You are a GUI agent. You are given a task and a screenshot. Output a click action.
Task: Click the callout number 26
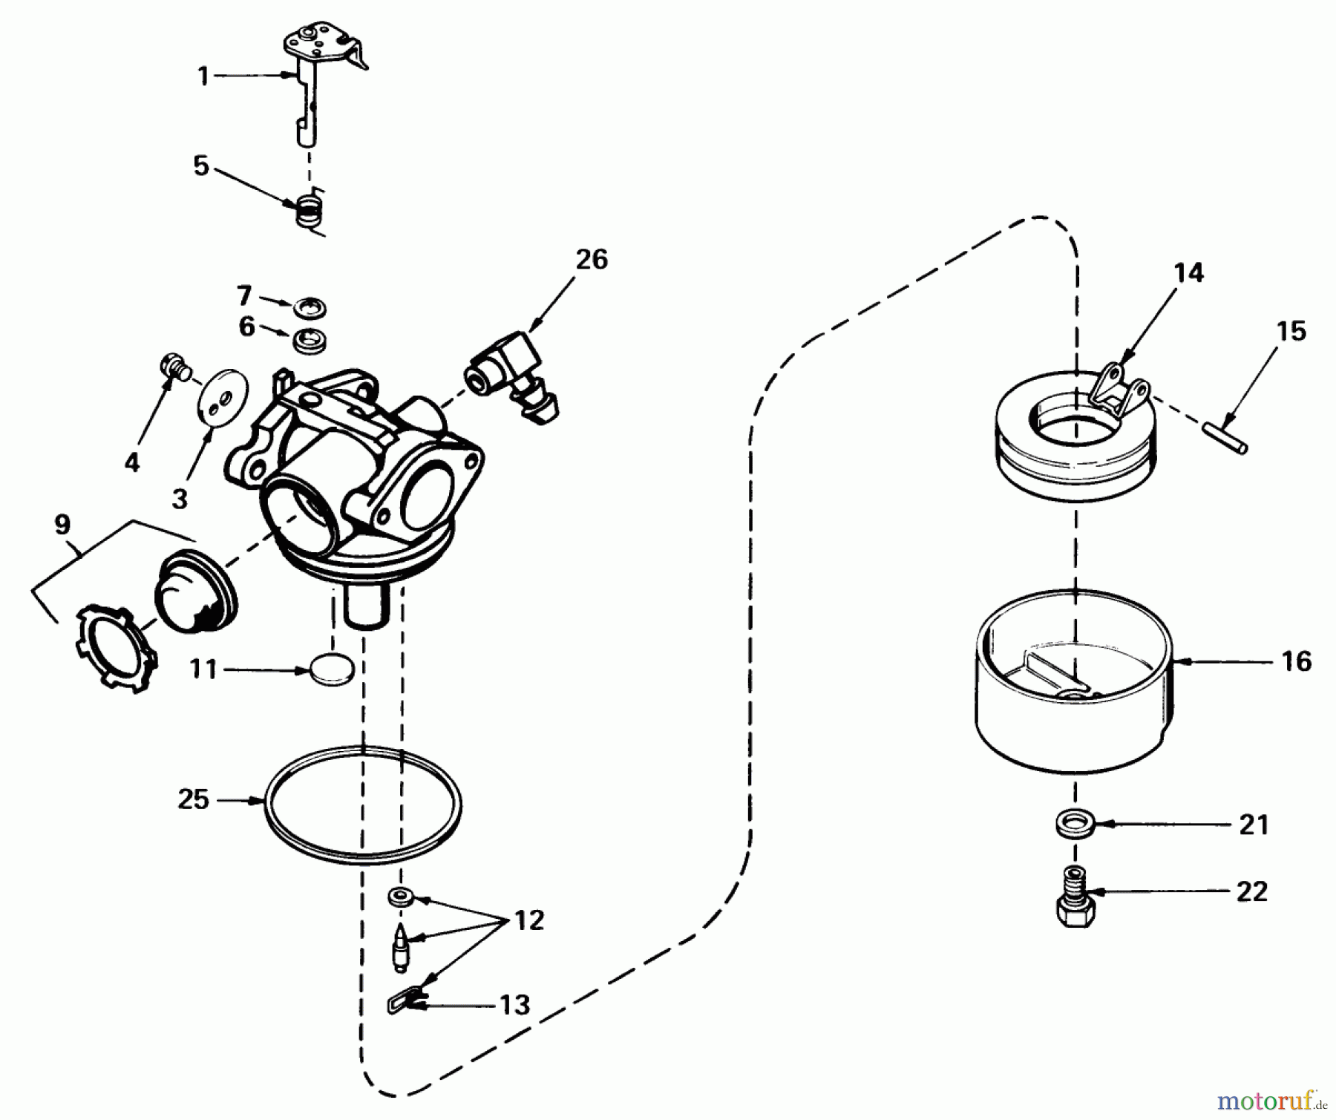coord(592,260)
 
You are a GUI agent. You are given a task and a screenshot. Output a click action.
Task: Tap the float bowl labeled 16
coord(1074,713)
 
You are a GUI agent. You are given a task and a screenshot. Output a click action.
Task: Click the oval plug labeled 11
coord(332,669)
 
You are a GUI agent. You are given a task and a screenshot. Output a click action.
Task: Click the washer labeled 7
coord(310,306)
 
